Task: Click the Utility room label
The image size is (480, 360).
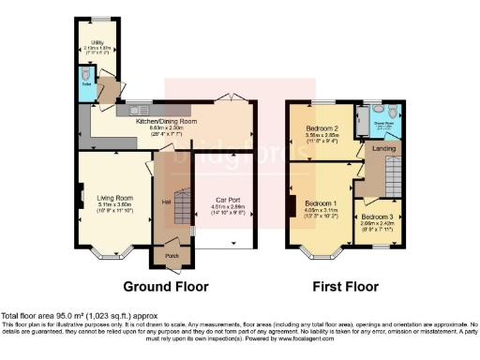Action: (97, 42)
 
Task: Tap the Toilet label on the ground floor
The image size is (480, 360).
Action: (85, 83)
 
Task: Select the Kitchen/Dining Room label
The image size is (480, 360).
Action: (166, 121)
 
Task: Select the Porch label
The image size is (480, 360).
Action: (172, 255)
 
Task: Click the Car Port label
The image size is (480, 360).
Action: (225, 200)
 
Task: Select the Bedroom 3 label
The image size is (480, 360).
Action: (378, 217)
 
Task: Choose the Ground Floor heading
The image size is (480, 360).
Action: (165, 286)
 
